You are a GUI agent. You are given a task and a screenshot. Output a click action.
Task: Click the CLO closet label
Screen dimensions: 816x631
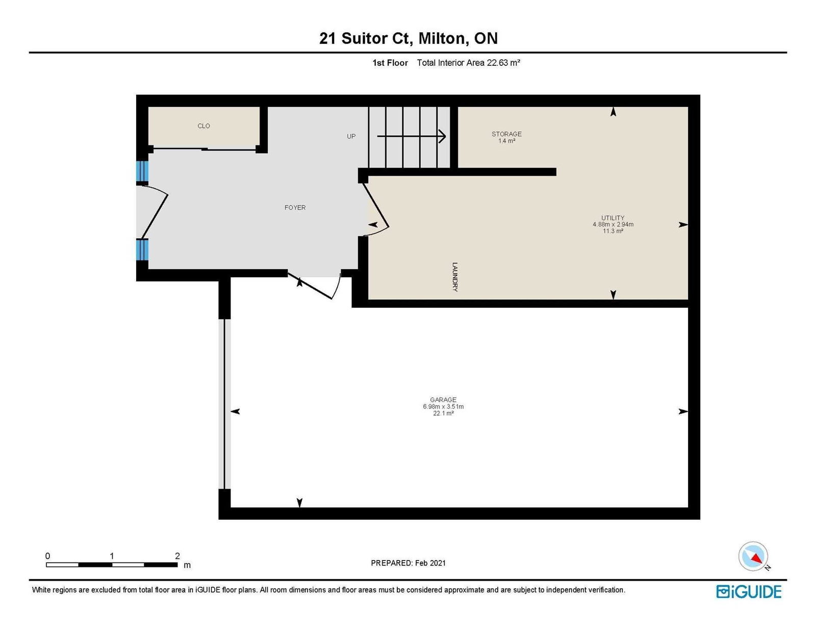tap(203, 126)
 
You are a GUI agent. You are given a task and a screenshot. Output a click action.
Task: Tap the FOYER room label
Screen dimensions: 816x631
tap(295, 207)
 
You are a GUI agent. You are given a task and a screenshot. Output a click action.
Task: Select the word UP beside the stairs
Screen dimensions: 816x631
tap(351, 136)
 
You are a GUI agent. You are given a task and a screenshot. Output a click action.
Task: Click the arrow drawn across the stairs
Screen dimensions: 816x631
tap(411, 136)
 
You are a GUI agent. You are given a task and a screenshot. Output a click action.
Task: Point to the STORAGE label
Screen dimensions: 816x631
tap(506, 134)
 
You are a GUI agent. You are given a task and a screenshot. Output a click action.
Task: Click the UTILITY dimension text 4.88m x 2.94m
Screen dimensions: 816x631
tap(613, 224)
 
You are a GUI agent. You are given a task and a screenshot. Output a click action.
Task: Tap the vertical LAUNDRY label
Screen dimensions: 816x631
tap(455, 277)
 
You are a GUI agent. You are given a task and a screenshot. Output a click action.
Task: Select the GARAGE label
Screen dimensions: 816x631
tap(443, 400)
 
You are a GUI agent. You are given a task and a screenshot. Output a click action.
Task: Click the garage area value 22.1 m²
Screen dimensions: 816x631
tap(444, 414)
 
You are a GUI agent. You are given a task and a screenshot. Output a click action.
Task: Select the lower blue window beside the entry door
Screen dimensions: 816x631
tap(142, 250)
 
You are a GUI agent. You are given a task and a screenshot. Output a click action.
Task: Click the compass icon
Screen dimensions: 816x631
tap(753, 556)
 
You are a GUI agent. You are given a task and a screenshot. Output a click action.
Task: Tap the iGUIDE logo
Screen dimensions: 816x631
tap(749, 592)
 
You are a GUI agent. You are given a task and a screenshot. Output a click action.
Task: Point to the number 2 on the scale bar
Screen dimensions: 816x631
tap(177, 556)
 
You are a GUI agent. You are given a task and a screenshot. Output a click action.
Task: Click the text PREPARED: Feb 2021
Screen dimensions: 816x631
tap(408, 563)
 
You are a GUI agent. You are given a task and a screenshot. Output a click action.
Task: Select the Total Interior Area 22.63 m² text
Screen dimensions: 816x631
tap(468, 63)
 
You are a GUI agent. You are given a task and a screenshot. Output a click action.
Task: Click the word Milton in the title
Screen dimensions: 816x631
tap(444, 39)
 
